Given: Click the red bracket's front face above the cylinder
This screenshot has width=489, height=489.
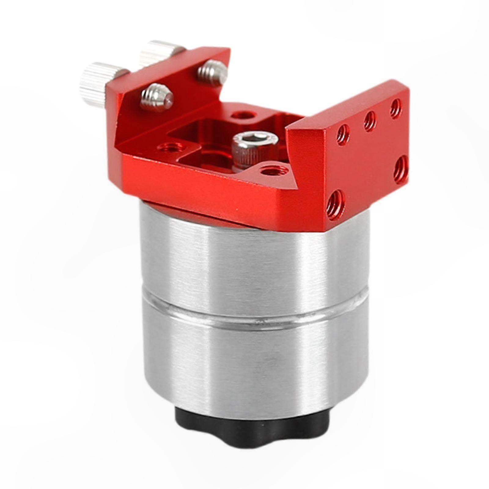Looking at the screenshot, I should tap(214, 196).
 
